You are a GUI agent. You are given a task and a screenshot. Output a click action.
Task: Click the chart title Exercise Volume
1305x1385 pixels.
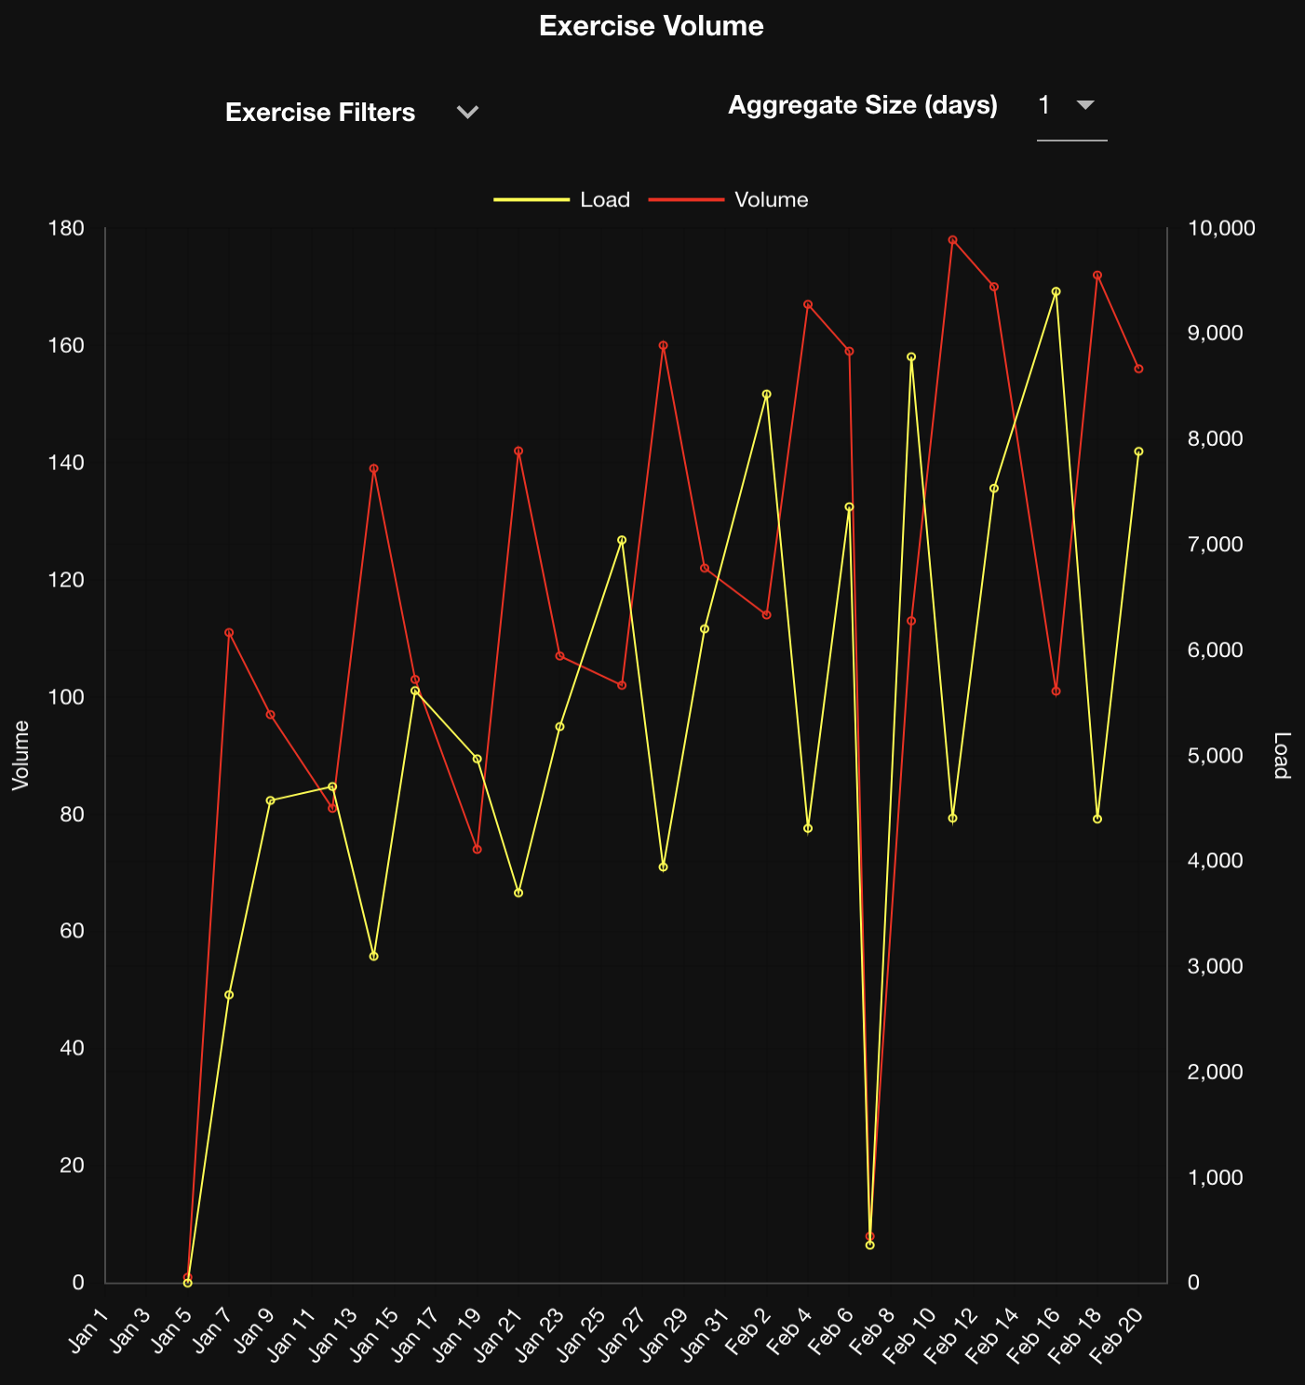pos(651,26)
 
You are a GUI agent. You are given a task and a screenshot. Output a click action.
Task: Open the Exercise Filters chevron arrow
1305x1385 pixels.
pos(467,113)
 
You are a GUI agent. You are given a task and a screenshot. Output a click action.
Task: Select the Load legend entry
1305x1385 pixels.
pos(562,200)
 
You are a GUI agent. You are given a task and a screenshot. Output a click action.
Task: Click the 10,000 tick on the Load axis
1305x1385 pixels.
pos(1221,229)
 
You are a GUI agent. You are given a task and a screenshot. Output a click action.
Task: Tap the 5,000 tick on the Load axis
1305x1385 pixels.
pos(1216,756)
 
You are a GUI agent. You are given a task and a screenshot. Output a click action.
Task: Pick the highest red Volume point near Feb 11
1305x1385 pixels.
pos(952,240)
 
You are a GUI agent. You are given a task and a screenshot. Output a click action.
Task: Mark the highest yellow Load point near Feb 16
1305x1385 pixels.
pos(1056,291)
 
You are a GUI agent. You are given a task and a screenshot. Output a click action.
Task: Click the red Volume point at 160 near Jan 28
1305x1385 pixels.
pos(663,345)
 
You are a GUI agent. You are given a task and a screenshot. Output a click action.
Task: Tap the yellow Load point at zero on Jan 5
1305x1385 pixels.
pos(187,1283)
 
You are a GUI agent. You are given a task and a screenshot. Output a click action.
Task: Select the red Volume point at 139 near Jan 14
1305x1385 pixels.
pos(373,469)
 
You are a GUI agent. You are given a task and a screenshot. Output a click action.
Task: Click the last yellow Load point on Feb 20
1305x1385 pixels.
pos(1138,451)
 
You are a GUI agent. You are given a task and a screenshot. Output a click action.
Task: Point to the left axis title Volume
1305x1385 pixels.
pos(20,755)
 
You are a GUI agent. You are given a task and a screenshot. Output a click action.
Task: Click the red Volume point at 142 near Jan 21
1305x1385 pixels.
pos(518,450)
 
